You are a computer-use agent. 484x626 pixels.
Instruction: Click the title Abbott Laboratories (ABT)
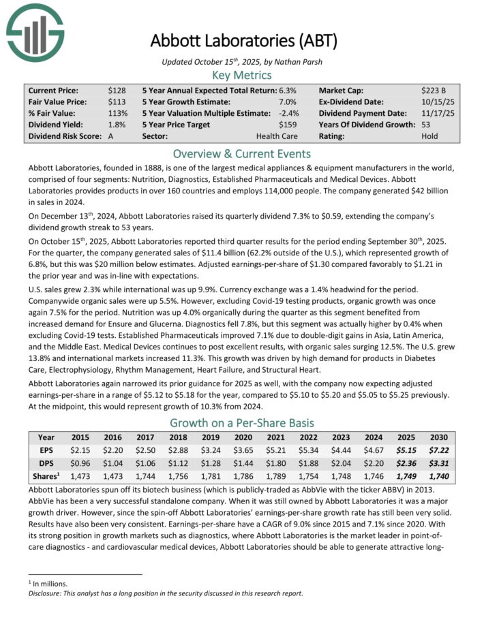click(243, 41)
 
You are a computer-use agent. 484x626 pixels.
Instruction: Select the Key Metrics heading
click(242, 75)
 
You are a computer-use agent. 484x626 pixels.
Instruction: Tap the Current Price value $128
click(117, 90)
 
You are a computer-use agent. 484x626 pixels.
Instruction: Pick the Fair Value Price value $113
click(117, 101)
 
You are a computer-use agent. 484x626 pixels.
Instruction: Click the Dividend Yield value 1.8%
click(117, 125)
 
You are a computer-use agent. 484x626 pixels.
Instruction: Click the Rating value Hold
click(430, 136)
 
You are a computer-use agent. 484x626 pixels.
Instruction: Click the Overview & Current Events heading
click(242, 153)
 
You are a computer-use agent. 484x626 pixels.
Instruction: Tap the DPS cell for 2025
click(403, 463)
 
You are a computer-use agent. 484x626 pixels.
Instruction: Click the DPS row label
click(46, 463)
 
